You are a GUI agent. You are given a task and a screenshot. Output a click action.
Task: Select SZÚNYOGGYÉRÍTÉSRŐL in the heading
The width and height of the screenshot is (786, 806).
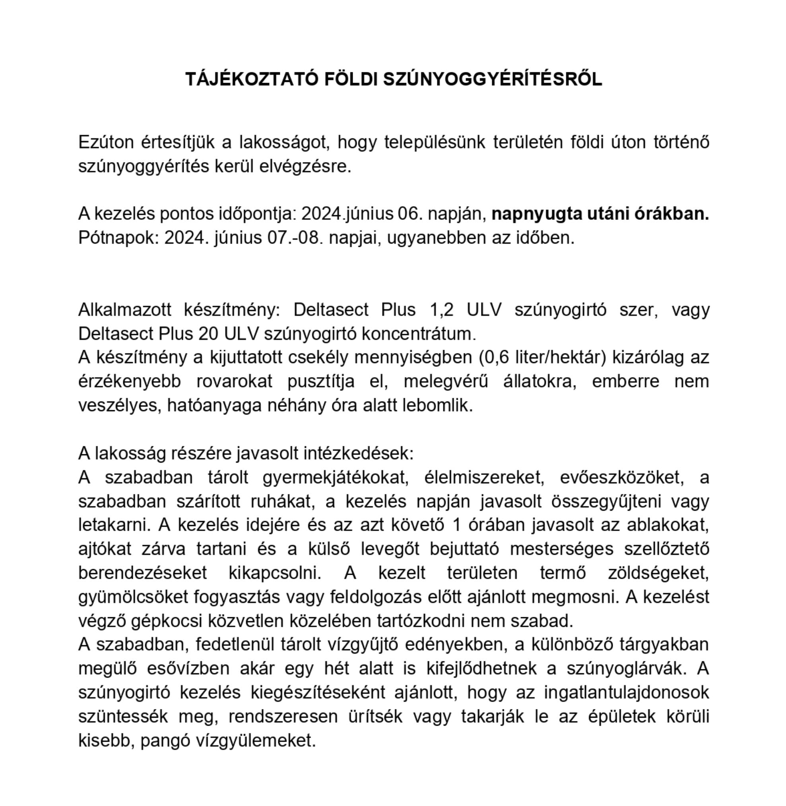[x=493, y=79]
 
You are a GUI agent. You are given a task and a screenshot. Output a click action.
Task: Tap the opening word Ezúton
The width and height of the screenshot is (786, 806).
[x=106, y=142]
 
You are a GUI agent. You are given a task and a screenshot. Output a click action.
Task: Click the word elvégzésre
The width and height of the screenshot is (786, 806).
[x=305, y=166]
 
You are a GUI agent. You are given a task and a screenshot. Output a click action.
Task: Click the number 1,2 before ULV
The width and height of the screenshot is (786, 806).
[x=441, y=310]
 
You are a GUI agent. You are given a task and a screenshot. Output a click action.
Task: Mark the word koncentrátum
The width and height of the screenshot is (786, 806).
[x=419, y=333]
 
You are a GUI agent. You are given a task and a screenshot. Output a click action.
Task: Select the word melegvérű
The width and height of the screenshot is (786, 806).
[x=445, y=381]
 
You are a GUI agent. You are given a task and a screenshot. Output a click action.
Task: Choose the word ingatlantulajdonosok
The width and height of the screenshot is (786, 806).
[x=626, y=693]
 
